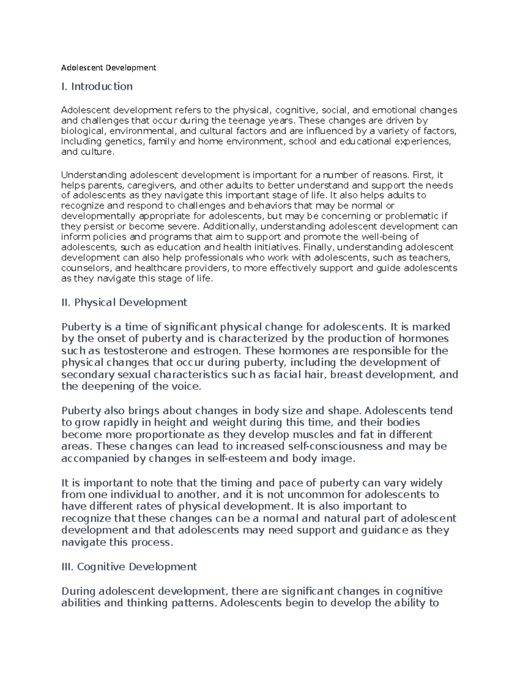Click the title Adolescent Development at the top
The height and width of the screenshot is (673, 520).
[108, 68]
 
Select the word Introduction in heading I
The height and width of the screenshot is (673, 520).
[102, 87]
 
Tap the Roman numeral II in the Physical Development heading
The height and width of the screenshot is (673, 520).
[66, 302]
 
